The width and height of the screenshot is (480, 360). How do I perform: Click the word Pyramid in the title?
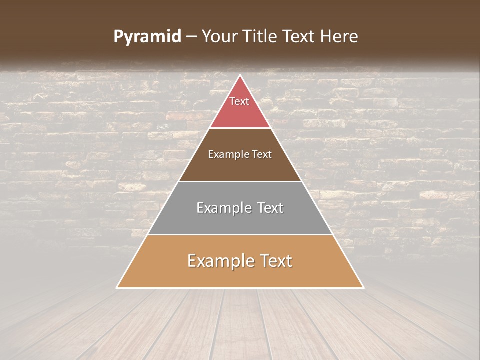tap(147, 37)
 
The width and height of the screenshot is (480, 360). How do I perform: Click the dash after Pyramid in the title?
tap(191, 37)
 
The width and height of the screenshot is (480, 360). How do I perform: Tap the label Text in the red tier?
tap(239, 101)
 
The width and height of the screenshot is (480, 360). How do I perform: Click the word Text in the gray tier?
tap(268, 208)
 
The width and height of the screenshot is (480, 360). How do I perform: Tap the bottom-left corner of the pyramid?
tap(117, 287)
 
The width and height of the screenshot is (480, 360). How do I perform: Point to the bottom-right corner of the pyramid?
tap(363, 287)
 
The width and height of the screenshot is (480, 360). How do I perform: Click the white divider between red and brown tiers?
tap(240, 128)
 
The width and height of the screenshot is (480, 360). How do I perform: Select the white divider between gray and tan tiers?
tap(240, 234)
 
